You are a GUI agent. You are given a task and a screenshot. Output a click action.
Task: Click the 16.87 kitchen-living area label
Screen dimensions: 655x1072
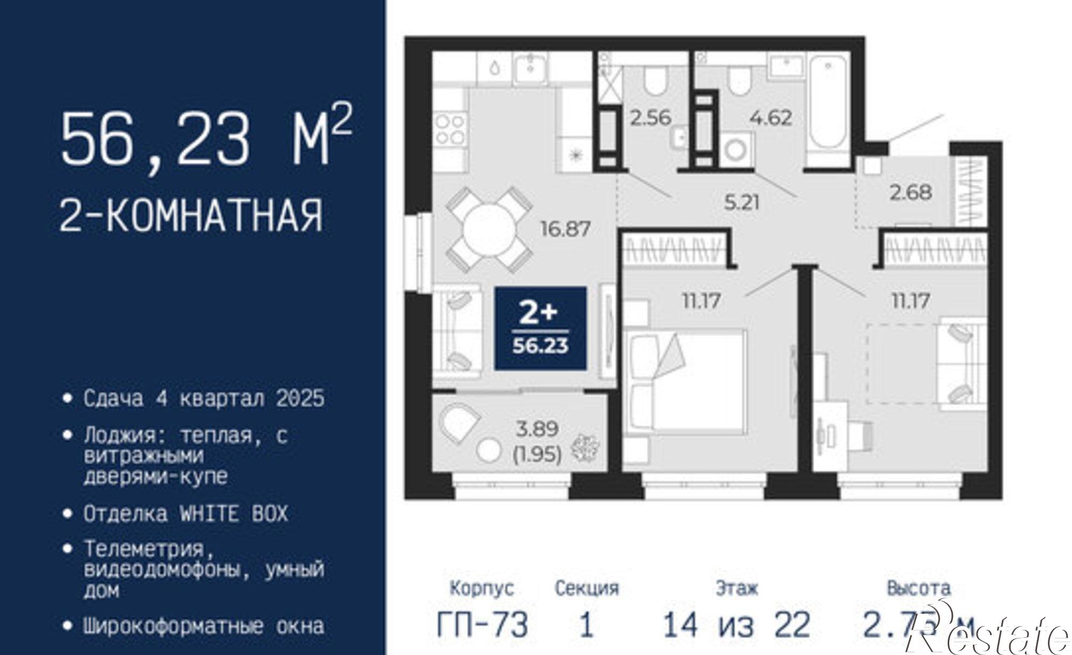565,229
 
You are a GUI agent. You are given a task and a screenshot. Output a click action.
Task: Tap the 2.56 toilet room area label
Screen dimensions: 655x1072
650,117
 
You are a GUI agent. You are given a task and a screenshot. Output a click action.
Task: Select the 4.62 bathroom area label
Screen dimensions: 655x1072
771,117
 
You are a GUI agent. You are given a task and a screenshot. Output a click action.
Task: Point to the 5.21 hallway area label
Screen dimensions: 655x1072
741,202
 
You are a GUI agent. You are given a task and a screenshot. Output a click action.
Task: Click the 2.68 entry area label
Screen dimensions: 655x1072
911,192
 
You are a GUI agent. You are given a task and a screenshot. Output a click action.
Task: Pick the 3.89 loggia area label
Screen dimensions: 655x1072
537,428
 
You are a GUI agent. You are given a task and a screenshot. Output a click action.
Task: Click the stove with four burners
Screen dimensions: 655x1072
450,130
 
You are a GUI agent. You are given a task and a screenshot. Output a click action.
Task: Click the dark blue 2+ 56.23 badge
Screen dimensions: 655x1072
540,328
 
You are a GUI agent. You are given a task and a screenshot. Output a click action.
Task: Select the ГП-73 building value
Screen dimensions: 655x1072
482,624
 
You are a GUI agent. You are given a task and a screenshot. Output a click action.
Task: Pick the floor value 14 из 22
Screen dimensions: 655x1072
736,624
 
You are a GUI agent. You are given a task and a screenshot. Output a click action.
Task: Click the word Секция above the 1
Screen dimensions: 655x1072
586,589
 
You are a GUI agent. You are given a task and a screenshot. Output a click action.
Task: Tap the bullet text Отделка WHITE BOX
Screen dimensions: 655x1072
185,514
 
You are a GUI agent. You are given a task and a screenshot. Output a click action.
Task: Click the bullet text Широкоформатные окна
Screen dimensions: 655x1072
204,626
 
